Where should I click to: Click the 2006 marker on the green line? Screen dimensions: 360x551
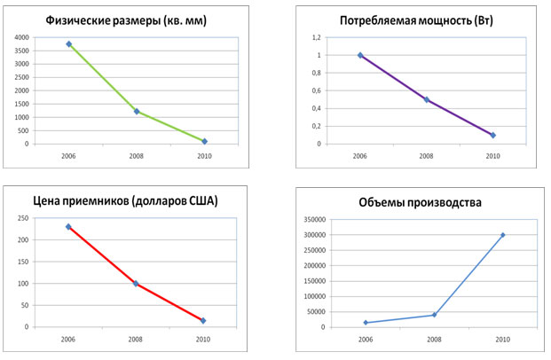pyautogui.click(x=68, y=44)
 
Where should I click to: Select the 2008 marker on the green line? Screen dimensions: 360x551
pyautogui.click(x=137, y=112)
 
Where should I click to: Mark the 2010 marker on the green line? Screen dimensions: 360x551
pyautogui.click(x=204, y=141)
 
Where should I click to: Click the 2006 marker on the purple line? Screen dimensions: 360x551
pyautogui.click(x=360, y=55)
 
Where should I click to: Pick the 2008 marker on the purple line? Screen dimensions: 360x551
pyautogui.click(x=427, y=99)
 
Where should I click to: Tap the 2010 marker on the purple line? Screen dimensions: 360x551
pyautogui.click(x=492, y=135)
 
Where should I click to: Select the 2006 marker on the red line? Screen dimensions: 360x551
pyautogui.click(x=68, y=227)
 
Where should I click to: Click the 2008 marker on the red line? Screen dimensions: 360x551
pyautogui.click(x=136, y=284)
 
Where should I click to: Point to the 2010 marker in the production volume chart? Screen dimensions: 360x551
pyautogui.click(x=502, y=235)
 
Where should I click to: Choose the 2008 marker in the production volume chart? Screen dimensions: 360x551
pyautogui.click(x=434, y=315)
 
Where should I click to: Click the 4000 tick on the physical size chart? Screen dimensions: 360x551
pyautogui.click(x=20, y=37)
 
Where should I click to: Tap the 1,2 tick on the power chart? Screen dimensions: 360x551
pyautogui.click(x=313, y=38)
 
